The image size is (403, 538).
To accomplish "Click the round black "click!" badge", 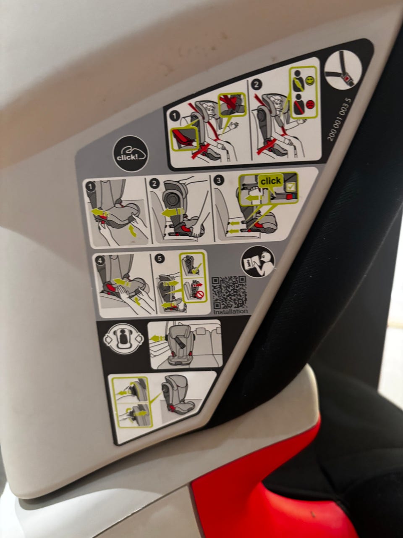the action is point(131,154).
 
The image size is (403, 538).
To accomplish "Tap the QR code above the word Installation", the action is point(229,292).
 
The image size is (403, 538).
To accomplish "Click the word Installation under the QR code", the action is point(230,311).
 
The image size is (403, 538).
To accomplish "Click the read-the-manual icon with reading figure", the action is point(258,262).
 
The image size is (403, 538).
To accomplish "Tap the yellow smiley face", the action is point(310,80).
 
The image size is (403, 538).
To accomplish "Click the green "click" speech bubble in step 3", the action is point(270,182).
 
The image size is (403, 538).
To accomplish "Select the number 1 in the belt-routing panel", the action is point(174,116).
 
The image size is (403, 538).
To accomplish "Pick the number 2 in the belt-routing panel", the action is point(256,84).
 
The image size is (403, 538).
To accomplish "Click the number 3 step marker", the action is point(219,180).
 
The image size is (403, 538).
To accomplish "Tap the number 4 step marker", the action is point(100,261).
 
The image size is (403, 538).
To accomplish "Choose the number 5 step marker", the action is point(160,259).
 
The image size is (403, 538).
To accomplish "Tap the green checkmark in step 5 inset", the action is point(196,269).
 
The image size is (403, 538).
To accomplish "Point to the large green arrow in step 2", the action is point(173,212).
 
